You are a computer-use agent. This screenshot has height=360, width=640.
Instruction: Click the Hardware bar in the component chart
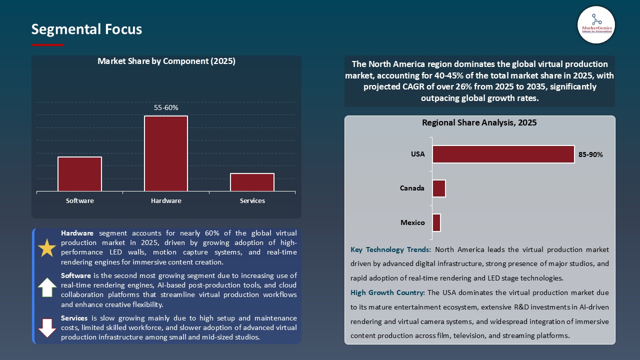(166, 153)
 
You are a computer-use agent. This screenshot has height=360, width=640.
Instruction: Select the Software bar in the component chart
(79, 174)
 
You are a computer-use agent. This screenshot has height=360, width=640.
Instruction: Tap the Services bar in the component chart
(252, 182)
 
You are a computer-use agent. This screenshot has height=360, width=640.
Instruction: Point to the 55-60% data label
(166, 107)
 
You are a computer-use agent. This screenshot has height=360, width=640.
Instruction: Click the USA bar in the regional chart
(503, 154)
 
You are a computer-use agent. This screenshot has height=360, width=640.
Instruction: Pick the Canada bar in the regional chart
(439, 188)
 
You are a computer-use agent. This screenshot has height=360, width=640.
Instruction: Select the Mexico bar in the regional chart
(436, 222)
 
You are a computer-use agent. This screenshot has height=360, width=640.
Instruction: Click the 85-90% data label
(590, 154)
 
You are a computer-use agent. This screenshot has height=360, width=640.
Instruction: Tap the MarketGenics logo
(596, 24)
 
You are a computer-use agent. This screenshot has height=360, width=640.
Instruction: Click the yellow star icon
(47, 248)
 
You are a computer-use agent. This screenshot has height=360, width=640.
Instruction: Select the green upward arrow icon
(47, 287)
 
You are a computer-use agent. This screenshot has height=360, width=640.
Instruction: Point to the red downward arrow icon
(47, 327)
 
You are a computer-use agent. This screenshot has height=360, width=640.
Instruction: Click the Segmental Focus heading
(86, 29)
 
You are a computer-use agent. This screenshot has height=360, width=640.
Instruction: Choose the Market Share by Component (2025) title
(166, 61)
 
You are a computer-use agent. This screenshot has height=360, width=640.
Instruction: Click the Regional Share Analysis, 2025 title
(479, 122)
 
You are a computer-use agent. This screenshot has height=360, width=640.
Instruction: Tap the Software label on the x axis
(80, 200)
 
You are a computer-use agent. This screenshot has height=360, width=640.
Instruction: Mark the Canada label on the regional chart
(412, 188)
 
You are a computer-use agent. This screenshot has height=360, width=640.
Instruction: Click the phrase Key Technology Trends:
(390, 249)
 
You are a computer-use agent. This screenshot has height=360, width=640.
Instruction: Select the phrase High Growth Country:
(387, 292)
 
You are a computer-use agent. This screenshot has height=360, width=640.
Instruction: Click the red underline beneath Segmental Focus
(48, 45)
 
